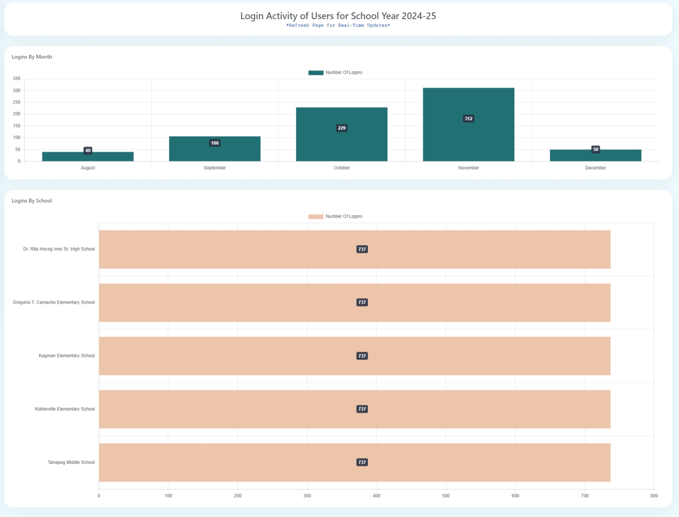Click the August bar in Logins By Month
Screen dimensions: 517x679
click(x=88, y=157)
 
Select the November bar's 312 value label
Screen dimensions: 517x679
click(x=468, y=119)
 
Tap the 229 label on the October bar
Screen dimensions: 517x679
click(x=342, y=128)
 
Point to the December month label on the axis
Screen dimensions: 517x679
click(x=595, y=168)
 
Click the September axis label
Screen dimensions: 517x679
click(x=215, y=168)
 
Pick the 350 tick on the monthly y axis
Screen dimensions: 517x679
click(x=16, y=79)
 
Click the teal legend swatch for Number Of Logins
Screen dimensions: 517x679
click(x=316, y=72)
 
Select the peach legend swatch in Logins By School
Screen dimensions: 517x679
click(x=316, y=216)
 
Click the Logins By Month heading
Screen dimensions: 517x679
click(x=32, y=57)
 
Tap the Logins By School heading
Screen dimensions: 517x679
click(x=32, y=201)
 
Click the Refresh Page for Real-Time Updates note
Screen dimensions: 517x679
click(x=338, y=25)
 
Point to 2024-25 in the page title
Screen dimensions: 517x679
click(x=419, y=16)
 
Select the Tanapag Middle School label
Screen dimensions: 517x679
click(x=71, y=462)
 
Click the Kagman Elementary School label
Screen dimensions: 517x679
click(x=67, y=356)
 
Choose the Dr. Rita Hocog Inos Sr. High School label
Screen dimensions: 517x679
click(x=59, y=249)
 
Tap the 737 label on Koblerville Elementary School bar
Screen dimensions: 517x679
click(x=362, y=409)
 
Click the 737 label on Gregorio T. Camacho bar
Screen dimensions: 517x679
click(x=362, y=302)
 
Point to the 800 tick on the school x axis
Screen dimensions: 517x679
click(x=654, y=496)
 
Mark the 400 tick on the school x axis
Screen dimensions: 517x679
click(x=376, y=496)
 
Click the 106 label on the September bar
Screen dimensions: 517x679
click(x=215, y=143)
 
